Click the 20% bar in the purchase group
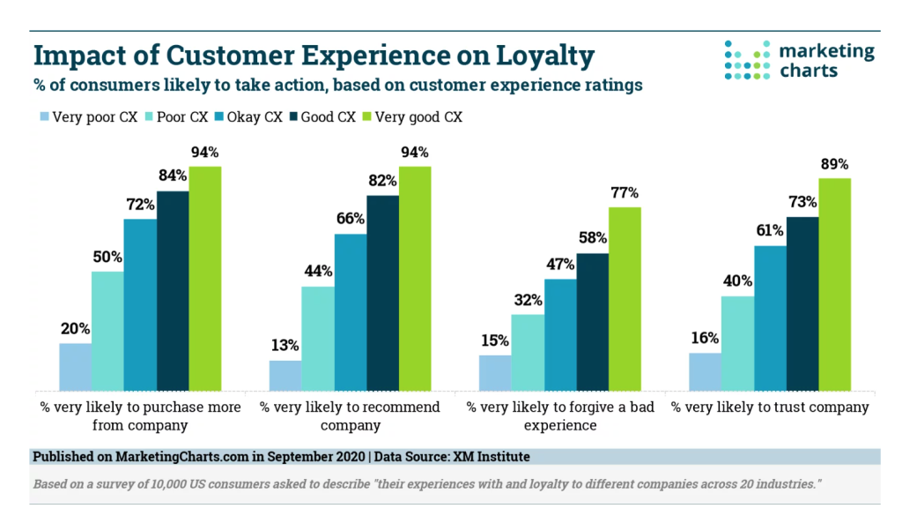point(75,366)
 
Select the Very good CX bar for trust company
point(835,283)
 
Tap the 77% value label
point(625,192)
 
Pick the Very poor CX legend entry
point(87,116)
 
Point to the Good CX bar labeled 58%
point(592,321)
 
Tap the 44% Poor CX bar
point(317,338)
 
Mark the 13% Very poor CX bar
point(285,375)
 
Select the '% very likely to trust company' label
point(770,408)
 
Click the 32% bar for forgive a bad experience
point(528,352)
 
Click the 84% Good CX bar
point(173,290)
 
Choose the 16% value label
point(705,338)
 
